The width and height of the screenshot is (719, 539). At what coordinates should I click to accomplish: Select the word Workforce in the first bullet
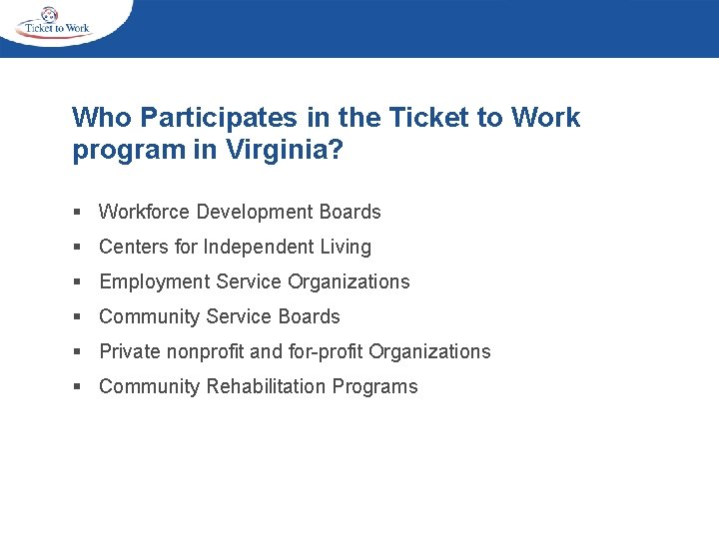145,212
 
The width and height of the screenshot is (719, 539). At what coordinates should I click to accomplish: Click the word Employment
151,281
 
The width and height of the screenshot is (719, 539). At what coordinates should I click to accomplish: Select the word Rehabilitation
267,386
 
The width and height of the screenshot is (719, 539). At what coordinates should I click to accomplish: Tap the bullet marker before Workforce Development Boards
77,213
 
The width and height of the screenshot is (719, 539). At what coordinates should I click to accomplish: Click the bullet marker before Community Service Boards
77,317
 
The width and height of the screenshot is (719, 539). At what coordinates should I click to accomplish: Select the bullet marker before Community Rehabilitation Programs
77,387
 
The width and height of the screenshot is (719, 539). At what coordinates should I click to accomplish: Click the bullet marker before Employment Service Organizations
77,282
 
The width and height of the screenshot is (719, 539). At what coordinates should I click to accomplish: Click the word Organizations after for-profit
429,351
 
